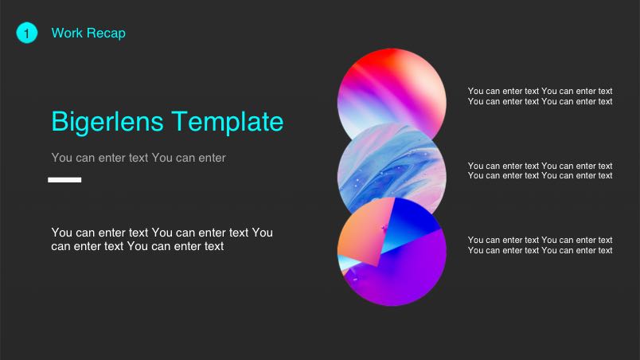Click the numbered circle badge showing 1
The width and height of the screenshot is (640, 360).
tap(26, 33)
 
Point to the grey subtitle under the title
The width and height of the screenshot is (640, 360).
tap(139, 158)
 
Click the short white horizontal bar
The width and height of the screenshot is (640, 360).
tap(64, 180)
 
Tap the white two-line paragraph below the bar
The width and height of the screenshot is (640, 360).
tap(162, 239)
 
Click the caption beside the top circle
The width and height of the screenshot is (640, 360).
tap(540, 96)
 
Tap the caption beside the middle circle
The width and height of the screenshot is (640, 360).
tap(540, 170)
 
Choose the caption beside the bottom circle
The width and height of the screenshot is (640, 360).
tap(540, 245)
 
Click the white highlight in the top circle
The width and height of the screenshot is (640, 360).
tap(426, 100)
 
